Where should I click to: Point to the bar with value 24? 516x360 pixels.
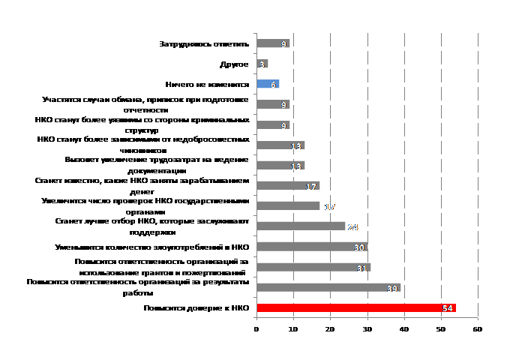pyautogui.click(x=300, y=226)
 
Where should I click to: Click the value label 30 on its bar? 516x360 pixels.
pyautogui.click(x=360, y=247)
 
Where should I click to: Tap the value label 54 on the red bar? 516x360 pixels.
pyautogui.click(x=448, y=308)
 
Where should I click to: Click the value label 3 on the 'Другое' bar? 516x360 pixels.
pyautogui.click(x=262, y=64)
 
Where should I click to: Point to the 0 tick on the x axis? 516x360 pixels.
pyautogui.click(x=256, y=328)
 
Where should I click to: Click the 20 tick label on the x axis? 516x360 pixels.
pyautogui.click(x=330, y=328)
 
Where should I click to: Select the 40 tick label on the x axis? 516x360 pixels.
pyautogui.click(x=403, y=328)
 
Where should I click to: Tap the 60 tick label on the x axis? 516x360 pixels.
pyautogui.click(x=477, y=328)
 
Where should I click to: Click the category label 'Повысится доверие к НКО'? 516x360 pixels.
pyautogui.click(x=196, y=308)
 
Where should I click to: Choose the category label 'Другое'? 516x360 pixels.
pyautogui.click(x=234, y=64)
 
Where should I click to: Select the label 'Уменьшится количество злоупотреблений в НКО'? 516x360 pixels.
pyautogui.click(x=151, y=247)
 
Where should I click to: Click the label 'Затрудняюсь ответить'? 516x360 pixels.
pyautogui.click(x=203, y=44)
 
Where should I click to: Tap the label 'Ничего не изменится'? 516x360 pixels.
pyautogui.click(x=207, y=85)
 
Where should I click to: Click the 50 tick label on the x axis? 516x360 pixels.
pyautogui.click(x=440, y=328)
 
